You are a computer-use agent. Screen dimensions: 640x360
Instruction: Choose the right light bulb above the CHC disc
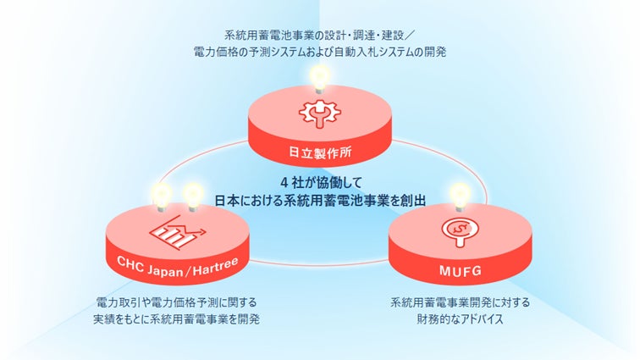tap(194, 196)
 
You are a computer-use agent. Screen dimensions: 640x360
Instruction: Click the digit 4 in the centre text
tap(282, 182)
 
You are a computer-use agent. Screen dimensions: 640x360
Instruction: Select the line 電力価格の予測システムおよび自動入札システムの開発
tap(319, 52)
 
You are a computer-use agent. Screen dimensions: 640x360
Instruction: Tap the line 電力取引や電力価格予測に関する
tap(176, 302)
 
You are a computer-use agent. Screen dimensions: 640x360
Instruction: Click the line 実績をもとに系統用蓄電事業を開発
tap(176, 318)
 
